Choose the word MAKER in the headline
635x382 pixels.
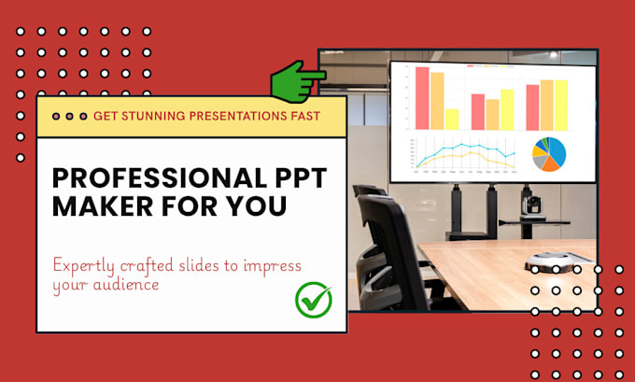coord(97,205)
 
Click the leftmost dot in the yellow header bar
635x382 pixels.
coord(56,117)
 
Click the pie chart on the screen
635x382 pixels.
coord(548,155)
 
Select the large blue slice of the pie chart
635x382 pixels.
coord(555,149)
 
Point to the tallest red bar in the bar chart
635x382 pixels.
coord(422,97)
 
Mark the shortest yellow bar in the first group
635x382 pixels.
coord(452,119)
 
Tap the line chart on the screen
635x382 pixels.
coord(463,156)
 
